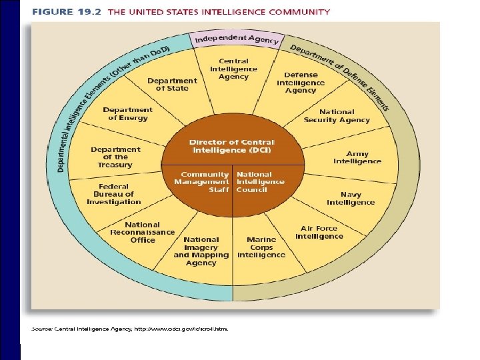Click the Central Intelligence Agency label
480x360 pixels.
coord(233,69)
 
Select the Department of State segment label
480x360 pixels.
coord(172,84)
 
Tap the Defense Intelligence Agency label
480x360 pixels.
coord(301,83)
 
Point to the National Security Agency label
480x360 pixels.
coord(337,116)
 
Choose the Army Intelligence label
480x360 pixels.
coord(357,157)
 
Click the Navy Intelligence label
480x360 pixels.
coord(351,198)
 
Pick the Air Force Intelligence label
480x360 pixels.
coord(319,232)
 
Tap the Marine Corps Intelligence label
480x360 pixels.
coord(261,247)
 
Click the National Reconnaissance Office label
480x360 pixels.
coord(143,232)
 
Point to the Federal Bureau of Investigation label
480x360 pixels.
coord(114,194)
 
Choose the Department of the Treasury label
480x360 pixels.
coord(116,157)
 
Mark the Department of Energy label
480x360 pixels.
coord(127,114)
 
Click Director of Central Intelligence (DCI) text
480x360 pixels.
coord(232,146)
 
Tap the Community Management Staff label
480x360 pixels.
coord(201,181)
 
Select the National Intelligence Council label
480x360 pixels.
coord(260,181)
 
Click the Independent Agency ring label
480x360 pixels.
coord(237,39)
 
